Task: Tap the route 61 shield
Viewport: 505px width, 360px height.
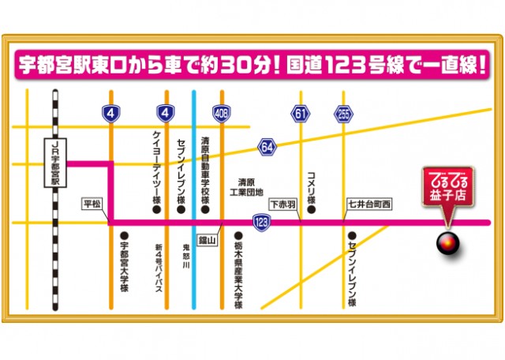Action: pyautogui.click(x=300, y=114)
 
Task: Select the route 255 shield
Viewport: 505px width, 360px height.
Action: pyautogui.click(x=342, y=114)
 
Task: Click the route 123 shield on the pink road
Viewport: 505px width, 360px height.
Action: pyautogui.click(x=261, y=223)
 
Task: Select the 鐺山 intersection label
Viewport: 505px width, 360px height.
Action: pyautogui.click(x=208, y=237)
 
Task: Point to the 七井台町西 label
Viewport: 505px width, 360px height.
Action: pyautogui.click(x=367, y=203)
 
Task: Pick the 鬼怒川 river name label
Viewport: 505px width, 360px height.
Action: pyautogui.click(x=185, y=257)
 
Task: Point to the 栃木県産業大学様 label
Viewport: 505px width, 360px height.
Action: pyautogui.click(x=238, y=269)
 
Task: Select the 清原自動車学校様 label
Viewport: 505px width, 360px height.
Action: pyautogui.click(x=204, y=170)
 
